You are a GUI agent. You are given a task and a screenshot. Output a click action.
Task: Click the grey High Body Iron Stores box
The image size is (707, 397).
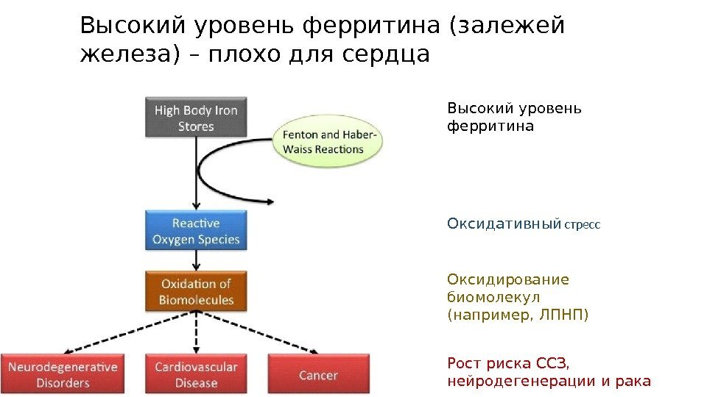tap(195, 118)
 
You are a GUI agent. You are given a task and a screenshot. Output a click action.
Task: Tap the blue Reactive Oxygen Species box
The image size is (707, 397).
tap(195, 230)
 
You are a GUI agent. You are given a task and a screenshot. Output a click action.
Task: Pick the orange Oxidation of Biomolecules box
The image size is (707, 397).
tap(196, 291)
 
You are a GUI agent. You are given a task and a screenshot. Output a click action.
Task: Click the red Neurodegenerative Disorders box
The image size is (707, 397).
tap(63, 375)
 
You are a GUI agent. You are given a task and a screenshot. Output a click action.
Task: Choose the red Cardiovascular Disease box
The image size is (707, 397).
tap(196, 375)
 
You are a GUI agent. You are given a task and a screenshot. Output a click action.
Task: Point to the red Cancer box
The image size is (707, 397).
tap(318, 375)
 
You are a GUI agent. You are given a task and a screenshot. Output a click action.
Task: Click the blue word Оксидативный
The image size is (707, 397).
tap(504, 223)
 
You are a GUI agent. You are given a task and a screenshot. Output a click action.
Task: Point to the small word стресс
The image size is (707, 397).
tap(583, 224)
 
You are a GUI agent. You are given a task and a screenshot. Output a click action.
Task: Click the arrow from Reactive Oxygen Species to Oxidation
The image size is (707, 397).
tap(196, 261)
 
